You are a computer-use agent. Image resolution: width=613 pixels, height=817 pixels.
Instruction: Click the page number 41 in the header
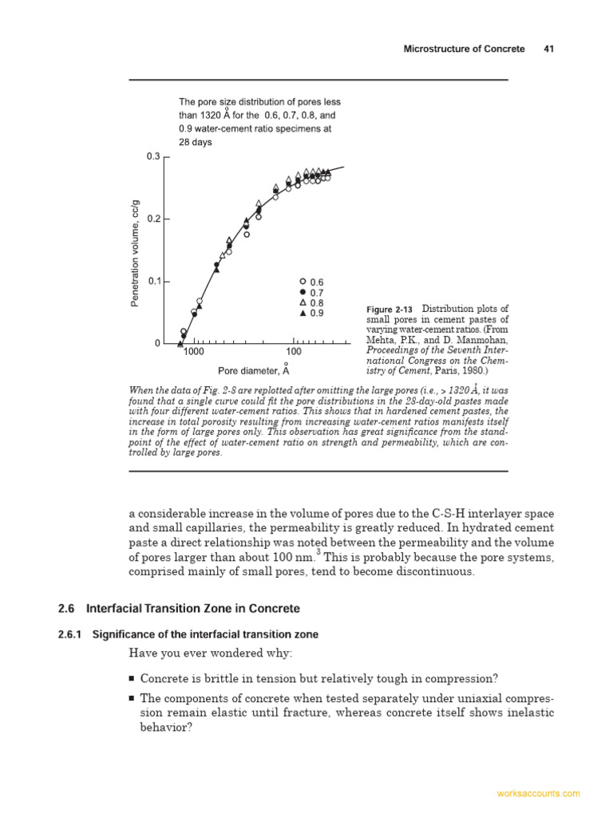pyautogui.click(x=548, y=49)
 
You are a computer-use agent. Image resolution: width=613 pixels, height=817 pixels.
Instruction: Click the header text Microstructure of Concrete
pyautogui.click(x=464, y=49)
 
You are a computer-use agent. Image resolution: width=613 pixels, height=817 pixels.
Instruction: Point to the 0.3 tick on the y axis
pyautogui.click(x=153, y=156)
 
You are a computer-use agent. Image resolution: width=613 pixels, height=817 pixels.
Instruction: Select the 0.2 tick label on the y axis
pyautogui.click(x=153, y=219)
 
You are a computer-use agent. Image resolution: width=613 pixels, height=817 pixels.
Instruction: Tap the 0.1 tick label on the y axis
pyautogui.click(x=153, y=282)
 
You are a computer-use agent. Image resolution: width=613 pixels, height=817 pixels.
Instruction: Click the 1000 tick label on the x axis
pyautogui.click(x=194, y=352)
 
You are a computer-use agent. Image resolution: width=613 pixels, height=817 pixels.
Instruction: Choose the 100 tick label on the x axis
pyautogui.click(x=294, y=352)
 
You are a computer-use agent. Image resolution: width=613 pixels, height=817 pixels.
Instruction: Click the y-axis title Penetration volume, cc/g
pyautogui.click(x=135, y=252)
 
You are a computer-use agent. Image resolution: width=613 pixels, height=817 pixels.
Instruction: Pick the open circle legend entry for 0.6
pyautogui.click(x=303, y=282)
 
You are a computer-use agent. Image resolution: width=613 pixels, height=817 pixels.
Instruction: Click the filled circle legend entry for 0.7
pyautogui.click(x=303, y=292)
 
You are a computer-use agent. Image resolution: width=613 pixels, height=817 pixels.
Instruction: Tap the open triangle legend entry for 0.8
pyautogui.click(x=303, y=302)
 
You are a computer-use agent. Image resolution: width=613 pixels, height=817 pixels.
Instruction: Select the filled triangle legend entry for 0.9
pyautogui.click(x=303, y=313)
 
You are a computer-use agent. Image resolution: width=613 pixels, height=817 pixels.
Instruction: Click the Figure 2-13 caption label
pyautogui.click(x=390, y=310)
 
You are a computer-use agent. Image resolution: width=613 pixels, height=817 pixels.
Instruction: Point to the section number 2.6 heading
pyautogui.click(x=65, y=609)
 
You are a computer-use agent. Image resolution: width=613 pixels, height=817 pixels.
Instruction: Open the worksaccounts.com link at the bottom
pyautogui.click(x=538, y=794)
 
